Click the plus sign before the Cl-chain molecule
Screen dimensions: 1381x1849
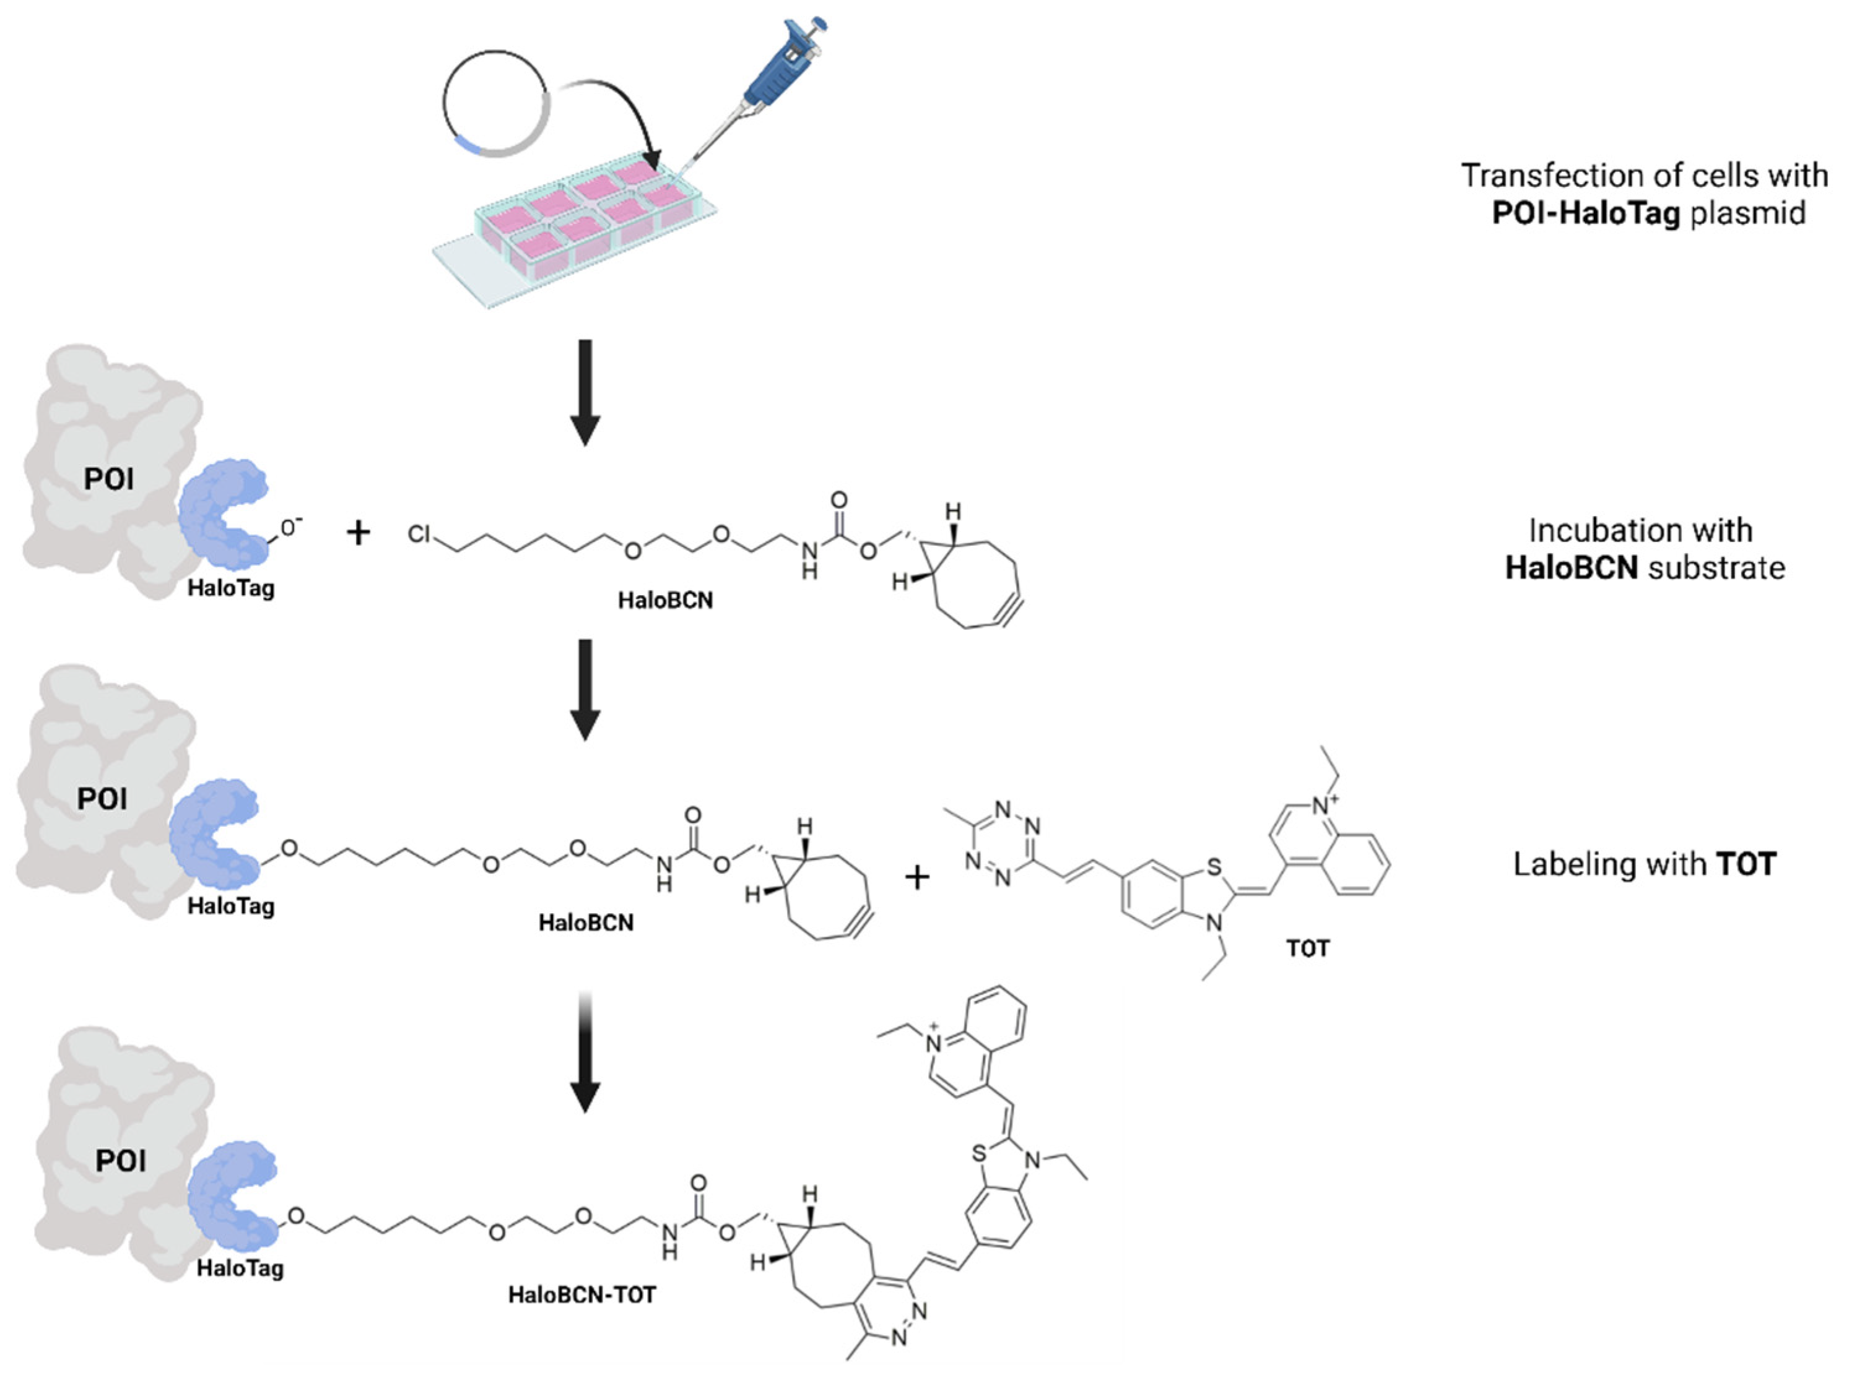point(359,532)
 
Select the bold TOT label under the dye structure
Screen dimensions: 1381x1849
point(1307,949)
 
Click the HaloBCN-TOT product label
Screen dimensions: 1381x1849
point(582,1295)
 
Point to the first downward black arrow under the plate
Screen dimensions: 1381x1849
point(585,391)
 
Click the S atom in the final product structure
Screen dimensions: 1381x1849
point(979,1155)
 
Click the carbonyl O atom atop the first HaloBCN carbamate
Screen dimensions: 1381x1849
point(838,501)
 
